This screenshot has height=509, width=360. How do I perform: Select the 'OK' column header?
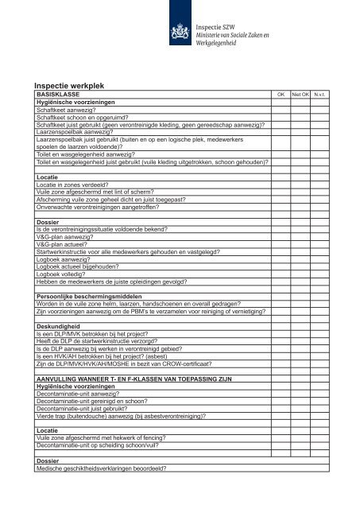pyautogui.click(x=280, y=94)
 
